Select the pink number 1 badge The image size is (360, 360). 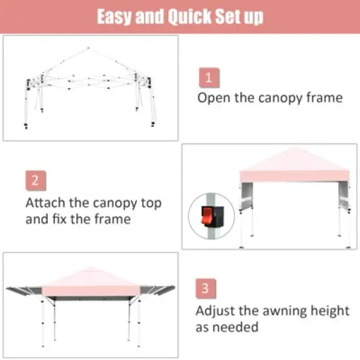pyautogui.click(x=208, y=78)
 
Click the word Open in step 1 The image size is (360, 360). pyautogui.click(x=214, y=98)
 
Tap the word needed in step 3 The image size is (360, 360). pyautogui.click(x=240, y=327)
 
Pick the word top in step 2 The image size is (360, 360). pyautogui.click(x=148, y=203)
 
